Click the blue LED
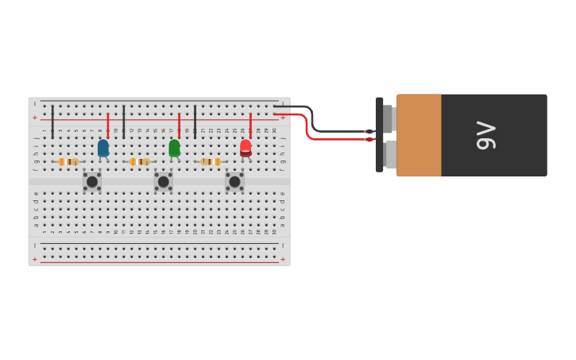(103, 147)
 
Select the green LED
(174, 147)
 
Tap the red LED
(245, 147)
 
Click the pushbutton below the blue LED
(92, 181)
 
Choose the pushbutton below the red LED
(234, 181)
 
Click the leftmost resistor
(69, 161)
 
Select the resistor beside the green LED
(140, 161)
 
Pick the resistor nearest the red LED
(211, 161)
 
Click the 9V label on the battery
(485, 135)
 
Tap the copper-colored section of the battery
(419, 135)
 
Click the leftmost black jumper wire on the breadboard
(52, 122)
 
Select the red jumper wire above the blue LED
(108, 126)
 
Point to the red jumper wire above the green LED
(179, 126)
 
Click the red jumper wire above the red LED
(250, 126)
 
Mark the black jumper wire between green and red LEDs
(195, 122)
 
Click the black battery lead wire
(334, 130)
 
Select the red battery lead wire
(334, 140)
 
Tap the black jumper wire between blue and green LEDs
(124, 122)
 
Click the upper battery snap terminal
(389, 119)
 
